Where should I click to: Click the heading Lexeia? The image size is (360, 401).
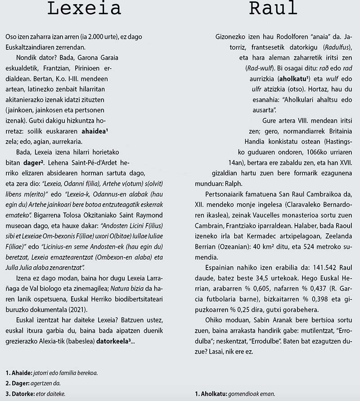pyautogui.click(x=84, y=9)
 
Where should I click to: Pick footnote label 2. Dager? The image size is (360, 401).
pyautogui.click(x=17, y=383)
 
